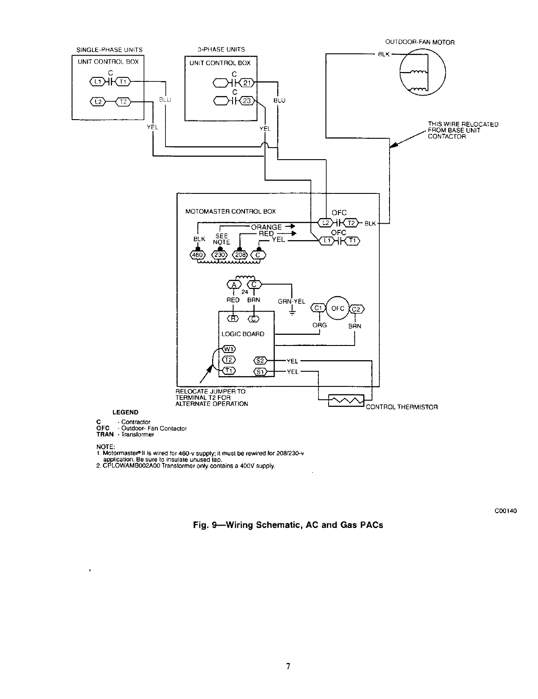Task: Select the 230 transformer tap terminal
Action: (220, 255)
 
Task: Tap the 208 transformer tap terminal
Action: (239, 255)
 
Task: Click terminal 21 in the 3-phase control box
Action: (247, 83)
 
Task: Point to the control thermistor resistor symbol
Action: (346, 401)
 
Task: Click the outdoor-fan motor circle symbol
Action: (423, 72)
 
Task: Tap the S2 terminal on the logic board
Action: (260, 360)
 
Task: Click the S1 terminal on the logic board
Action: (260, 371)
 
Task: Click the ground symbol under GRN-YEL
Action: (292, 313)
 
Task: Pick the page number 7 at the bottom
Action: (288, 666)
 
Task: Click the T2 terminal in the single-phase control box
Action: (123, 102)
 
